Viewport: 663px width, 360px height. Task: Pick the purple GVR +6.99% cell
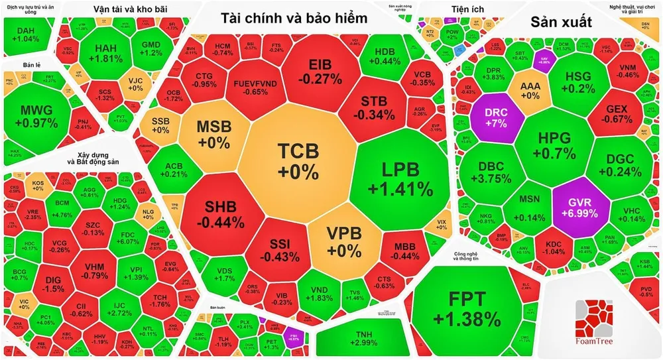coord(573,206)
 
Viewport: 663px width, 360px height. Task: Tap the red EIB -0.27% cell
coord(326,72)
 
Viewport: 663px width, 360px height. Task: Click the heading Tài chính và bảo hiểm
coord(294,19)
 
